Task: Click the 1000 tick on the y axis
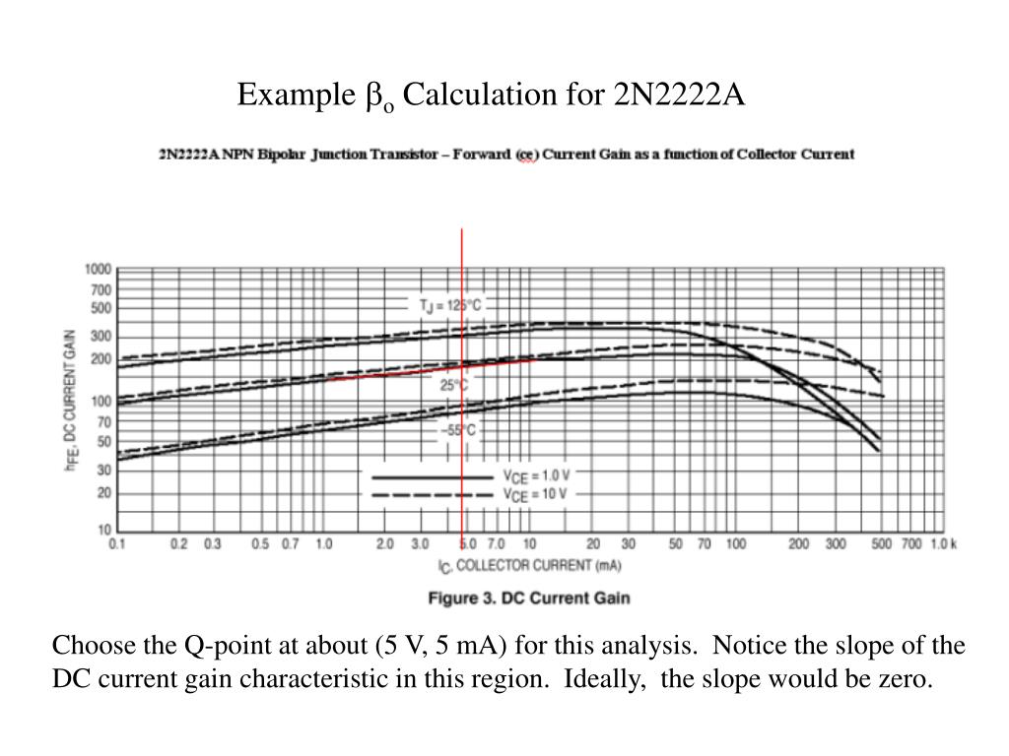(99, 269)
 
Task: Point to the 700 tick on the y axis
(101, 290)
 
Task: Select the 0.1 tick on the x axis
(116, 544)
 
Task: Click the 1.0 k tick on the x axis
(942, 544)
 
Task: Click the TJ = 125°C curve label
(450, 305)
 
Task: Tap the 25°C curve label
(454, 385)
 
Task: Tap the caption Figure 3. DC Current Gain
(528, 598)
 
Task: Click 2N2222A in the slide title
(680, 95)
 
